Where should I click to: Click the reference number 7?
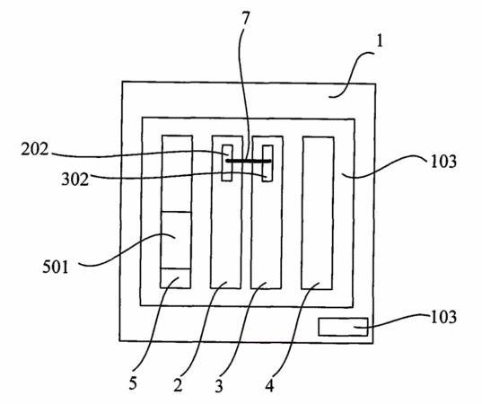(x=246, y=20)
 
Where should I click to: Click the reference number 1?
(x=381, y=41)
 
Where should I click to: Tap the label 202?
(x=35, y=150)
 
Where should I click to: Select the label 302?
(x=75, y=179)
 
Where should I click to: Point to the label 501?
(x=56, y=267)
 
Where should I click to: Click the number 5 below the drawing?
(x=133, y=383)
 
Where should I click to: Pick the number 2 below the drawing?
(x=178, y=384)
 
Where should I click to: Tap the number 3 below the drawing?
(x=218, y=386)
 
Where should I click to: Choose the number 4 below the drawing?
(x=269, y=385)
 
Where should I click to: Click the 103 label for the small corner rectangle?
(x=443, y=317)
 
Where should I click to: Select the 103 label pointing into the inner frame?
(x=443, y=161)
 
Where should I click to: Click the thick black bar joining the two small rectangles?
(x=249, y=161)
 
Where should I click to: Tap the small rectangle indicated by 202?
(x=227, y=162)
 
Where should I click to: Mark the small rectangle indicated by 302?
(x=267, y=163)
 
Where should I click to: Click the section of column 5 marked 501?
(x=176, y=240)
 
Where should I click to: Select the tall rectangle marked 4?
(x=318, y=213)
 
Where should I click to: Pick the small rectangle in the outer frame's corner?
(x=343, y=327)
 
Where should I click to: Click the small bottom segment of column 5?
(x=176, y=278)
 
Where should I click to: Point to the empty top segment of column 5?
(x=177, y=173)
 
